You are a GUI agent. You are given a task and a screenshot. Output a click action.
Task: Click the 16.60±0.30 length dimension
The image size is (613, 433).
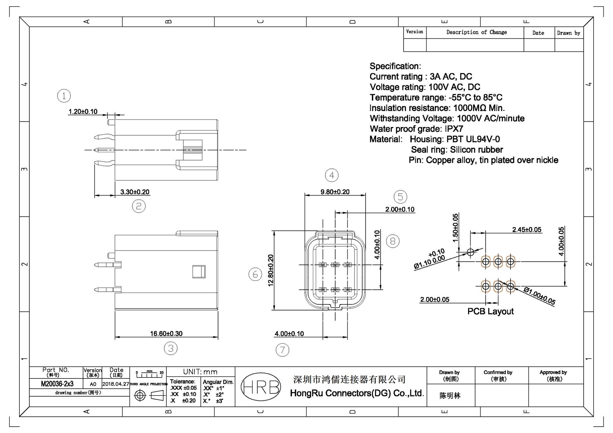166,334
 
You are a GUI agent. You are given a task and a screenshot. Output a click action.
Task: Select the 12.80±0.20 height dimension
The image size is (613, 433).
271,270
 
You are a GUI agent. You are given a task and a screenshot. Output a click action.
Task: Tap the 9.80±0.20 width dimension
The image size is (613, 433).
335,192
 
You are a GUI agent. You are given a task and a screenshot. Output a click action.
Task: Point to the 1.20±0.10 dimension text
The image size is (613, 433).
83,112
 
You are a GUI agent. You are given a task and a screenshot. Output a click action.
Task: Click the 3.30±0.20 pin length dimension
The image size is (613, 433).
135,192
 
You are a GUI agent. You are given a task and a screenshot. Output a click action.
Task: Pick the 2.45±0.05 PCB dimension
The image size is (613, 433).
526,230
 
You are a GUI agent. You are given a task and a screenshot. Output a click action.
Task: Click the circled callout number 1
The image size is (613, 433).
64,96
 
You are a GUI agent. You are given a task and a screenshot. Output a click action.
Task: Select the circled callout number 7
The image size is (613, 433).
282,350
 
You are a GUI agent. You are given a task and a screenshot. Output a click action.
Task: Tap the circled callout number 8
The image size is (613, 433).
392,241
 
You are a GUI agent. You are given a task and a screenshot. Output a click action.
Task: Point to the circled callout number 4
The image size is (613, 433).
332,175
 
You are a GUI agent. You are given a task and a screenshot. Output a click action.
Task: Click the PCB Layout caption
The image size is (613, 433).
490,311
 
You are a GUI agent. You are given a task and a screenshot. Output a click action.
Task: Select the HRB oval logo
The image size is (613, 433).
261,387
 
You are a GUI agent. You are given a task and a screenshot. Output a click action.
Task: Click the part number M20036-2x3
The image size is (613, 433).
57,384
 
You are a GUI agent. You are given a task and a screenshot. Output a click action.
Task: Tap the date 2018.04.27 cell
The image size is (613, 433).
116,384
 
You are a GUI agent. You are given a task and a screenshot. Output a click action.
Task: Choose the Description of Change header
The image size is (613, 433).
476,32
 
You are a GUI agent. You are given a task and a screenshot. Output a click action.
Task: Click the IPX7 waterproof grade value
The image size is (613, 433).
454,129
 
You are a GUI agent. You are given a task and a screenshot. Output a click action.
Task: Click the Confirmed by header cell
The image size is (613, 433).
498,376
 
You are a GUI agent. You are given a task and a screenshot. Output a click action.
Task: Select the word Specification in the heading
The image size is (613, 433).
395,66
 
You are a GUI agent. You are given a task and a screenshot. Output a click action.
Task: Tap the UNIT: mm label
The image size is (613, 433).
200,372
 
